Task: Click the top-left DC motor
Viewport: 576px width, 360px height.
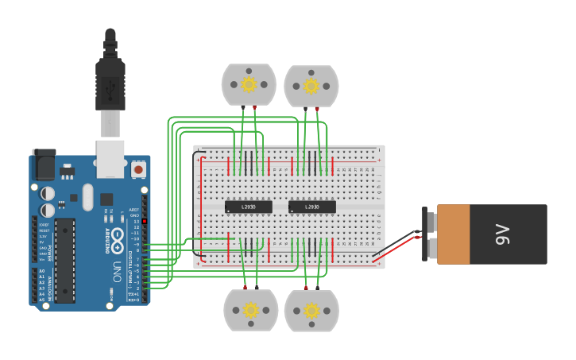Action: coord(249,85)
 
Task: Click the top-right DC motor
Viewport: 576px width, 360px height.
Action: coord(311,85)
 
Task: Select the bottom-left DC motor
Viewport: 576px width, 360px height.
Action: coord(251,310)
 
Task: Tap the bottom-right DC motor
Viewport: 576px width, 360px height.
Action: coord(311,310)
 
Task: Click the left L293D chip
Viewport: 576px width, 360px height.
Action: coord(249,207)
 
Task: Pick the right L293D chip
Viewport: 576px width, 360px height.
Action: coord(311,207)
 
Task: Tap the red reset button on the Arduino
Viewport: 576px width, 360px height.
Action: coord(138,169)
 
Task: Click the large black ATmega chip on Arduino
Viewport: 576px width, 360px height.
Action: coord(64,260)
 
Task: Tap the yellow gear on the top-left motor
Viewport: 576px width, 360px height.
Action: coord(249,83)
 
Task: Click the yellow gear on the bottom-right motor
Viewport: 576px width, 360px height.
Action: coord(311,308)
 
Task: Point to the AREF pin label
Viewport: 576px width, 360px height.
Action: coord(134,210)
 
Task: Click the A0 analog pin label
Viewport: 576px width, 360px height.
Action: coord(42,272)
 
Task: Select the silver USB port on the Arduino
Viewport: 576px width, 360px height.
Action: coord(110,159)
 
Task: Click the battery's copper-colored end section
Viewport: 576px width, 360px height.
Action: coord(453,234)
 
